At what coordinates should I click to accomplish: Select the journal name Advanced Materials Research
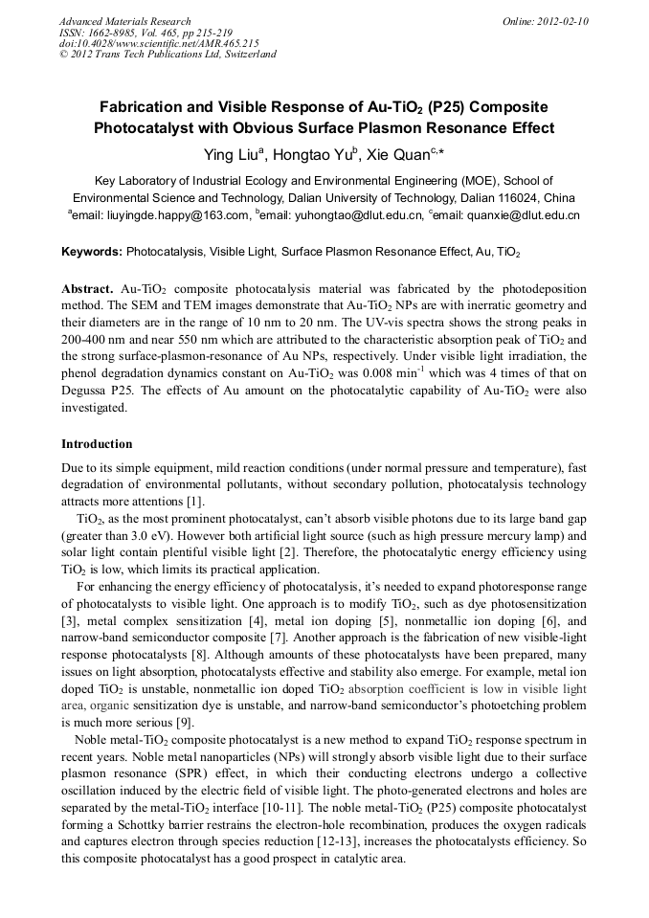tap(124, 21)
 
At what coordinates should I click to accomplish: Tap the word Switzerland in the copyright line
tap(247, 55)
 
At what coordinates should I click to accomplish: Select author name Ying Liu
tap(230, 154)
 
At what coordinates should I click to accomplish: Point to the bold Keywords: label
tap(92, 253)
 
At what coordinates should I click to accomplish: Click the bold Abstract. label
tap(88, 289)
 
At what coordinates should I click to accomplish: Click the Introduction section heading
tap(97, 444)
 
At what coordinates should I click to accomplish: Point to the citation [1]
tap(195, 502)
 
